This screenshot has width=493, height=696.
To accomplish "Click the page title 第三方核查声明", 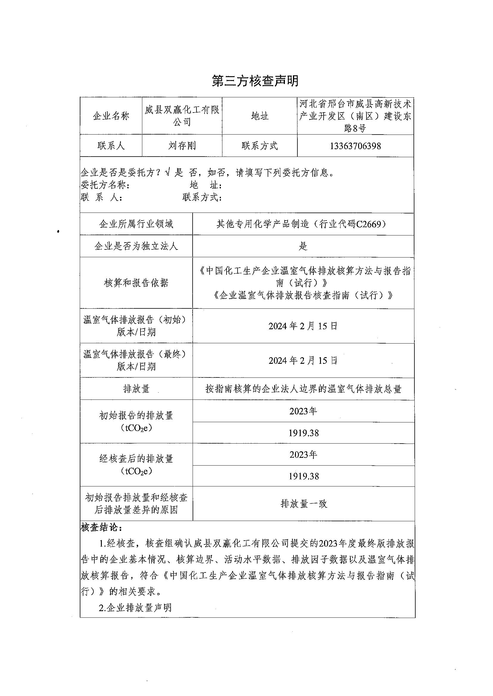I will point(255,81).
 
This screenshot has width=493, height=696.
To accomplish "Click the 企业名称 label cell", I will point(111,116).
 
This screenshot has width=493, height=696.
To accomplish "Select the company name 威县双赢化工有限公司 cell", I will point(182,116).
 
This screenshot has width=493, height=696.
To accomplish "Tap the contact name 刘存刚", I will point(182,146).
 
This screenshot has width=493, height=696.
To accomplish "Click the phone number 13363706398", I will point(355,146).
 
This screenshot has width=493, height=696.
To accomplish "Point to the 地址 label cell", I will point(260,116).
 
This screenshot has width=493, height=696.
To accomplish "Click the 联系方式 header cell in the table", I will point(260,146).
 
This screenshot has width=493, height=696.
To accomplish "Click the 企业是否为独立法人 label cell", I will point(136,246).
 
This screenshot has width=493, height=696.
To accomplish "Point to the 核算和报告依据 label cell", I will point(136,283).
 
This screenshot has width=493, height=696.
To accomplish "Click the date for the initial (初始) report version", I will point(303,326).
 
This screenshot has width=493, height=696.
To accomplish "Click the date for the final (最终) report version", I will point(303,361).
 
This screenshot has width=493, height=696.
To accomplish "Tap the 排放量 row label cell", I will point(136,389).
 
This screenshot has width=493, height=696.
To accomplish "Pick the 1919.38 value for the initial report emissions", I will point(303,433).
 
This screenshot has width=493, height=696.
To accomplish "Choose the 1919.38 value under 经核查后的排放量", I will point(303,476).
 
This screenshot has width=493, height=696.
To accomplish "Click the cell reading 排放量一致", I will point(304,504).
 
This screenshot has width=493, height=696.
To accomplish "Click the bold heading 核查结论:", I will point(102,528).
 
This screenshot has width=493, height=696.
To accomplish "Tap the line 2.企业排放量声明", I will point(135,608).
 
